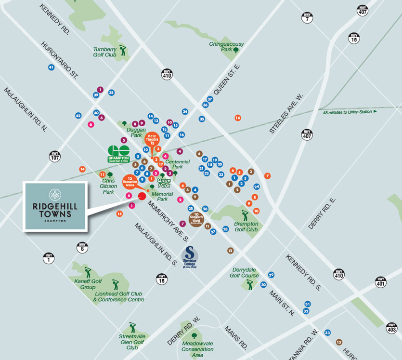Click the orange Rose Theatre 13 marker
[152, 140]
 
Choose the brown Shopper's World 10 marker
[196, 218]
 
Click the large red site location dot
[142, 196]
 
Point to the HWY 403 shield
[392, 327]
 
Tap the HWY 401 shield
[381, 282]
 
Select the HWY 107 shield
[55, 156]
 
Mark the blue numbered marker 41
[51, 67]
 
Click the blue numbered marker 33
[328, 333]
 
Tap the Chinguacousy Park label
[226, 46]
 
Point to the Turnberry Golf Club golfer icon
[122, 50]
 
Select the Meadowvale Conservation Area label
[194, 349]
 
